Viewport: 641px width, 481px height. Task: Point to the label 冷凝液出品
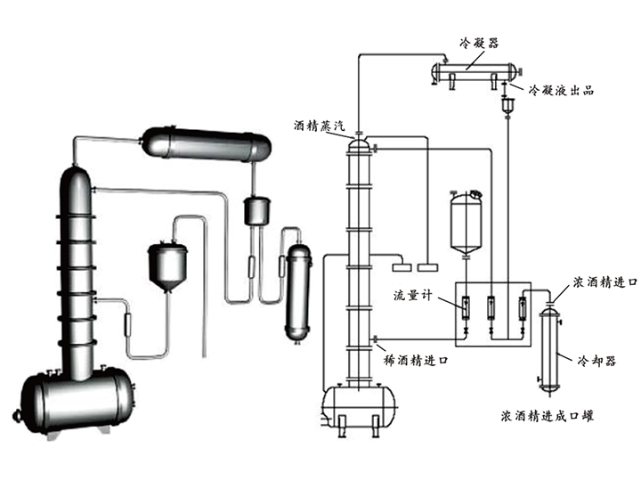tap(560, 90)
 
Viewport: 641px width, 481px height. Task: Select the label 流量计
tap(412, 296)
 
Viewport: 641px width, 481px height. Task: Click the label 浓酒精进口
tap(604, 281)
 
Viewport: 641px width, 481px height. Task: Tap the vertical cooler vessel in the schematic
tap(548, 347)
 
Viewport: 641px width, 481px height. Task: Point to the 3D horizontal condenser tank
tap(206, 143)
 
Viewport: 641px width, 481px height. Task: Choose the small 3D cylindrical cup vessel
tap(256, 211)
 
